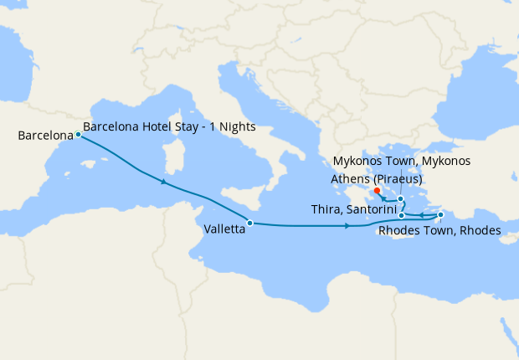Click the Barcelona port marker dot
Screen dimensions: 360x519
78,134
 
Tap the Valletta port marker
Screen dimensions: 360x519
250,223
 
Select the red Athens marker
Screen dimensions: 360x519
378,191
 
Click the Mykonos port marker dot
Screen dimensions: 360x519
401,199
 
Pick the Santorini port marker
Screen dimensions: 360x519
402,216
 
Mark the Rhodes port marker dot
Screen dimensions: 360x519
440,215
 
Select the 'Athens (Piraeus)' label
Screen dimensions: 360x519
376,178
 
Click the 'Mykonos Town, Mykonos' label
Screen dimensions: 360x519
402,161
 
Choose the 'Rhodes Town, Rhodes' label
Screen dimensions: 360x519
439,230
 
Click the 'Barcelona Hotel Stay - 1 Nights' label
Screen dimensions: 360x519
169,127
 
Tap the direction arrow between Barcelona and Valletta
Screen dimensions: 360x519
163,182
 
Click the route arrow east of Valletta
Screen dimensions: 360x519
347,226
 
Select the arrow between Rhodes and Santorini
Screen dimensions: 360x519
422,217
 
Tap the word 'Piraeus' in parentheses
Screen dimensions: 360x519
396,178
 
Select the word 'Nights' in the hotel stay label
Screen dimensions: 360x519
237,127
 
